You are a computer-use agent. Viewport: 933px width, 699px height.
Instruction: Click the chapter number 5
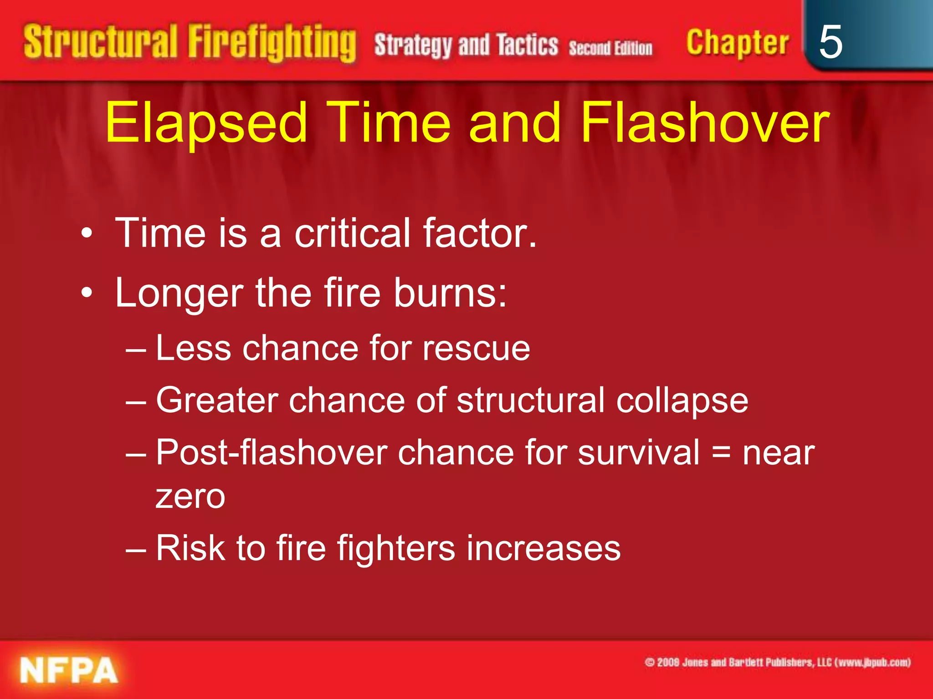(830, 42)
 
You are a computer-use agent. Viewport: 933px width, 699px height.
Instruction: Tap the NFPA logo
(69, 670)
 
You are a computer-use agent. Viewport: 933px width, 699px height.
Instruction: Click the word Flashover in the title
(705, 122)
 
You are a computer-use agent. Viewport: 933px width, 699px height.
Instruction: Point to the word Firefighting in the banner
(272, 43)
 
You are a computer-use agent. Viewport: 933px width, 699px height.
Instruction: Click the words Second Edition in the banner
(610, 48)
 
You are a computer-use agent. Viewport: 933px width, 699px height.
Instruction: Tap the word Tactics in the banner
(527, 45)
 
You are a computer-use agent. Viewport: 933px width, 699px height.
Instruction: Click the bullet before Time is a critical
(87, 234)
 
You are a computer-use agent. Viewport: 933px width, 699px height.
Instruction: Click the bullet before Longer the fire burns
(87, 294)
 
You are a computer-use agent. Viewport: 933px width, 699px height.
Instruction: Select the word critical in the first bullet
(353, 233)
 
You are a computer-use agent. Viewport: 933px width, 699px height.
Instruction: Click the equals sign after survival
(721, 453)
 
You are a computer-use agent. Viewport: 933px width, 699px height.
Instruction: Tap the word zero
(190, 497)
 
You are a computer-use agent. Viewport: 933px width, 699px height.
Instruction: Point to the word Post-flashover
(272, 453)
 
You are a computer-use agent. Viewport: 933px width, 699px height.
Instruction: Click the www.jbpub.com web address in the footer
(874, 662)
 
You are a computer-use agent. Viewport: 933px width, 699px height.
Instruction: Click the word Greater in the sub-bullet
(217, 401)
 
